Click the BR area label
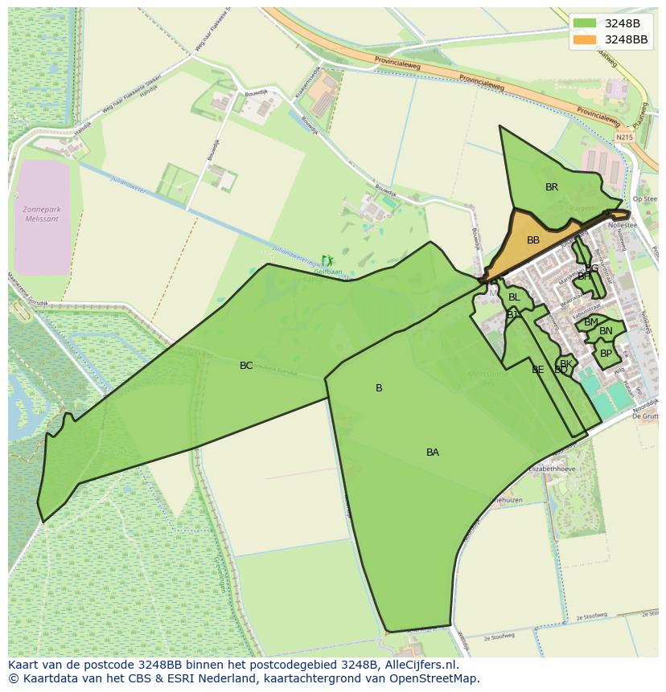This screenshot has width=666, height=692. [552, 187]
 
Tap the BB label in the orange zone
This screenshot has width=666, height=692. [533, 240]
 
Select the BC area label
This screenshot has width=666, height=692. [246, 366]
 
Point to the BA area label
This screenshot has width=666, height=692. [433, 452]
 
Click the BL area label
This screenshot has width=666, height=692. [514, 297]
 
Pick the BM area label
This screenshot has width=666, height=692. [591, 322]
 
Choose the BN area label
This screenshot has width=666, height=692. [606, 331]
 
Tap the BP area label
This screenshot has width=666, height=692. [606, 354]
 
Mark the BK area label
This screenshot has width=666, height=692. [566, 364]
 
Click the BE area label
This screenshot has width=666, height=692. [537, 370]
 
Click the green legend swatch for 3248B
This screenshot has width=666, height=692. [585, 23]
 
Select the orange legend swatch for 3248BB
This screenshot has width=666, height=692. [585, 39]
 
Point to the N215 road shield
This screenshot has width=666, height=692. [624, 137]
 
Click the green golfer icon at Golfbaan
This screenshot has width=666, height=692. [327, 260]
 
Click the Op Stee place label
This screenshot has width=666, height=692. [644, 199]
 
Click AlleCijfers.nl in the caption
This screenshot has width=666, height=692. [417, 665]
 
